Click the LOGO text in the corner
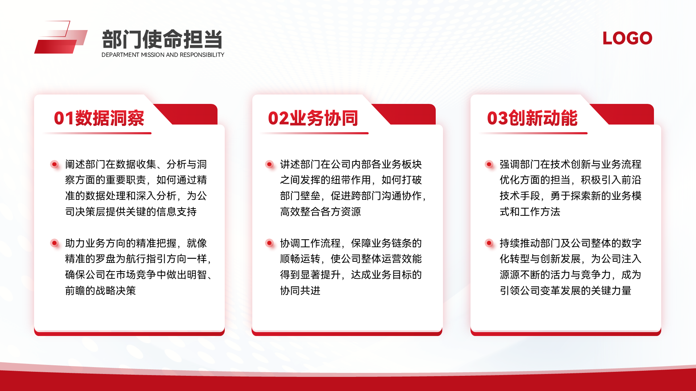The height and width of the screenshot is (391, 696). (x=627, y=38)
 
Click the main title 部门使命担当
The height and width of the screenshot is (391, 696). (x=162, y=39)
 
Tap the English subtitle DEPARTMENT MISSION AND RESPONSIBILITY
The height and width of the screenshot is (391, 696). (x=163, y=55)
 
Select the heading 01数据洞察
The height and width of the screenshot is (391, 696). (x=99, y=118)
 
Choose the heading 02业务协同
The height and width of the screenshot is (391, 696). (x=313, y=118)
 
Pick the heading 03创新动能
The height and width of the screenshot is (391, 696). (x=532, y=118)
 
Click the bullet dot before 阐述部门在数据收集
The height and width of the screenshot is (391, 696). (x=54, y=164)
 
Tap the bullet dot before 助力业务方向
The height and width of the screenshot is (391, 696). (x=54, y=243)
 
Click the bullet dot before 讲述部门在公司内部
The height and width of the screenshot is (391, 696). (x=269, y=164)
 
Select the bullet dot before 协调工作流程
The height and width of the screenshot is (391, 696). (x=269, y=243)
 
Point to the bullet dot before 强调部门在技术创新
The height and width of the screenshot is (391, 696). (x=489, y=164)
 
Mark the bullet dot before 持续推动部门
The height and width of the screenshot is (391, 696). (x=489, y=243)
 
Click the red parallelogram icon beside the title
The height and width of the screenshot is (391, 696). (x=61, y=37)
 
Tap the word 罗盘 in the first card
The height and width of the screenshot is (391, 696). (x=105, y=259)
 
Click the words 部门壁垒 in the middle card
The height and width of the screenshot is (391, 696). (x=300, y=196)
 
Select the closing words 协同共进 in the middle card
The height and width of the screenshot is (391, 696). (x=300, y=290)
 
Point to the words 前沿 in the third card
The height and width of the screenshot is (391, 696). (x=631, y=180)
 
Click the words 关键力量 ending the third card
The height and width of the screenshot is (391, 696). (x=611, y=290)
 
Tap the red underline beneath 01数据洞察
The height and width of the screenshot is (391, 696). (x=97, y=133)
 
